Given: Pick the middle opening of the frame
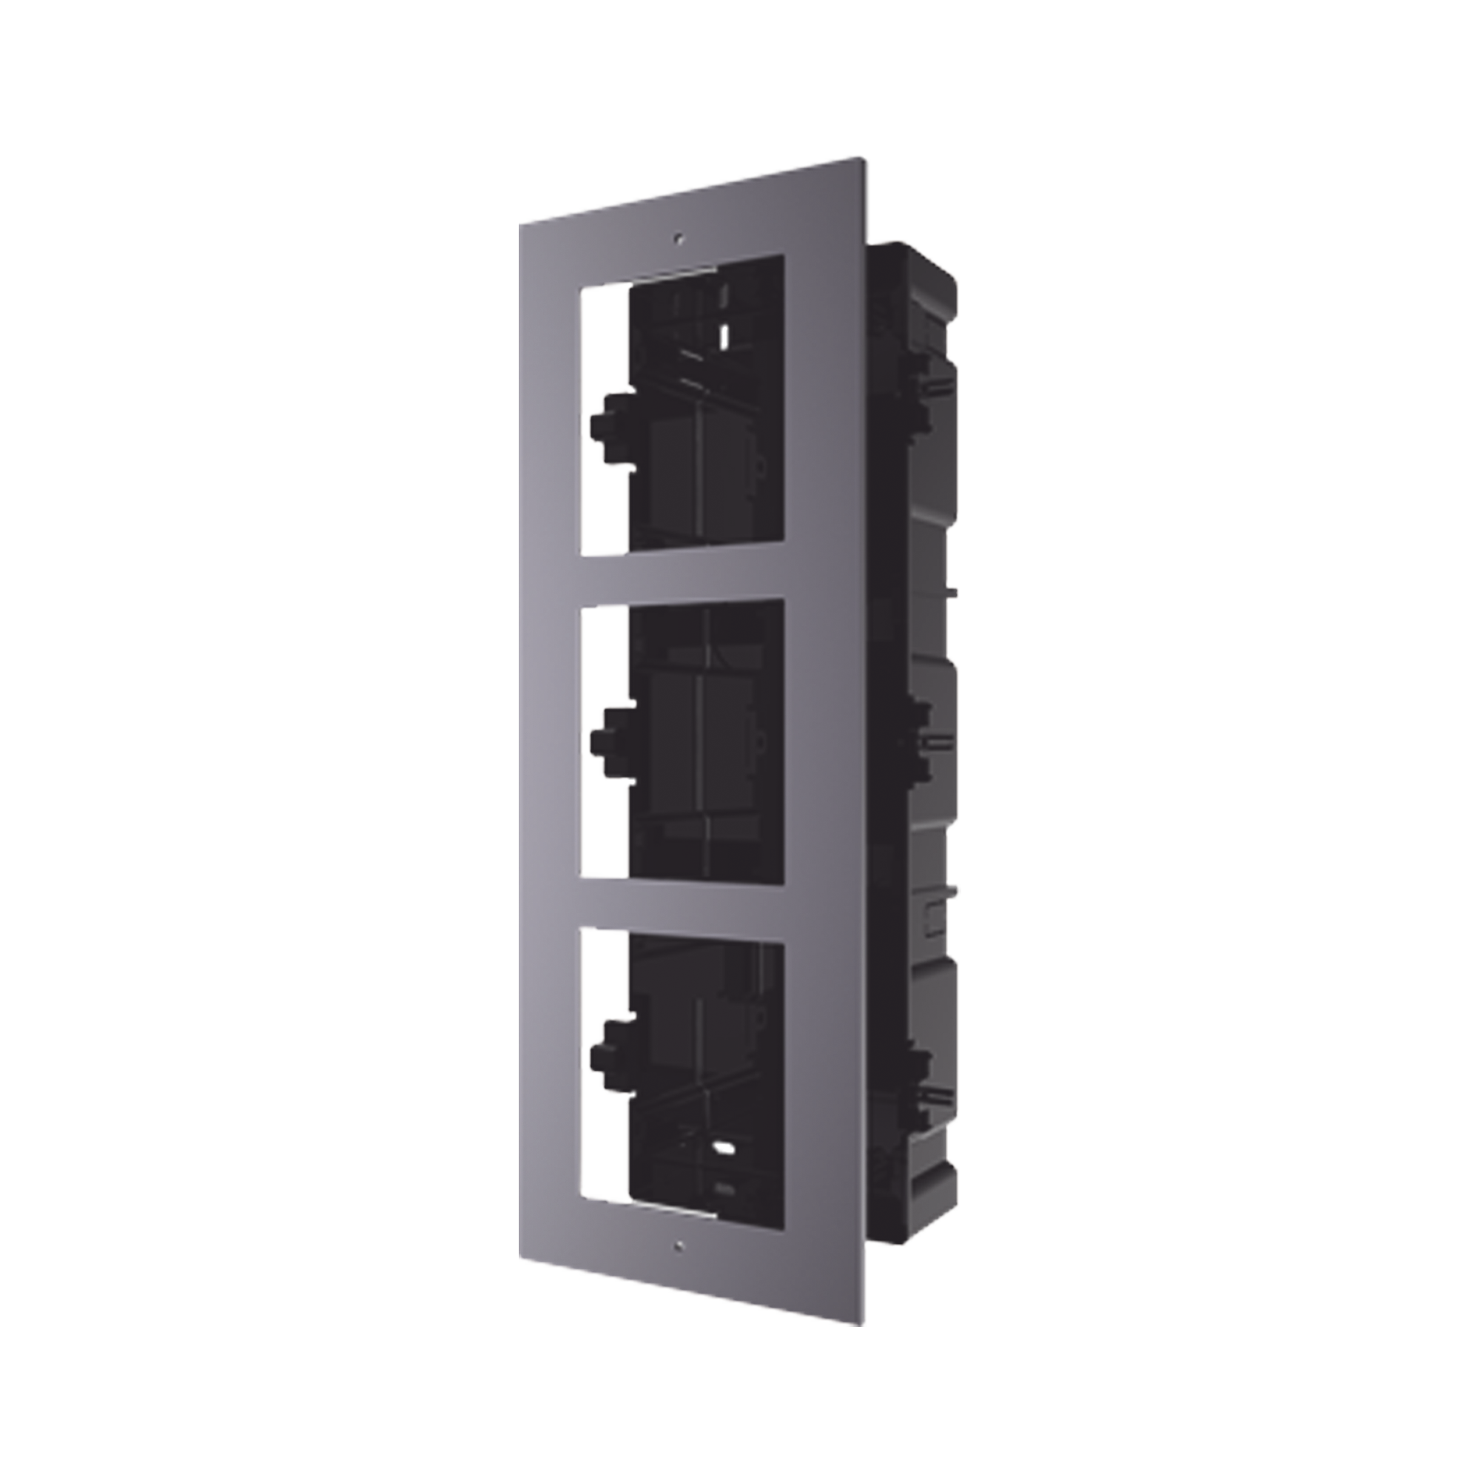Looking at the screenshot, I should coord(682,739).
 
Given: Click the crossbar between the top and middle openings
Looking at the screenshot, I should coord(682,574).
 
